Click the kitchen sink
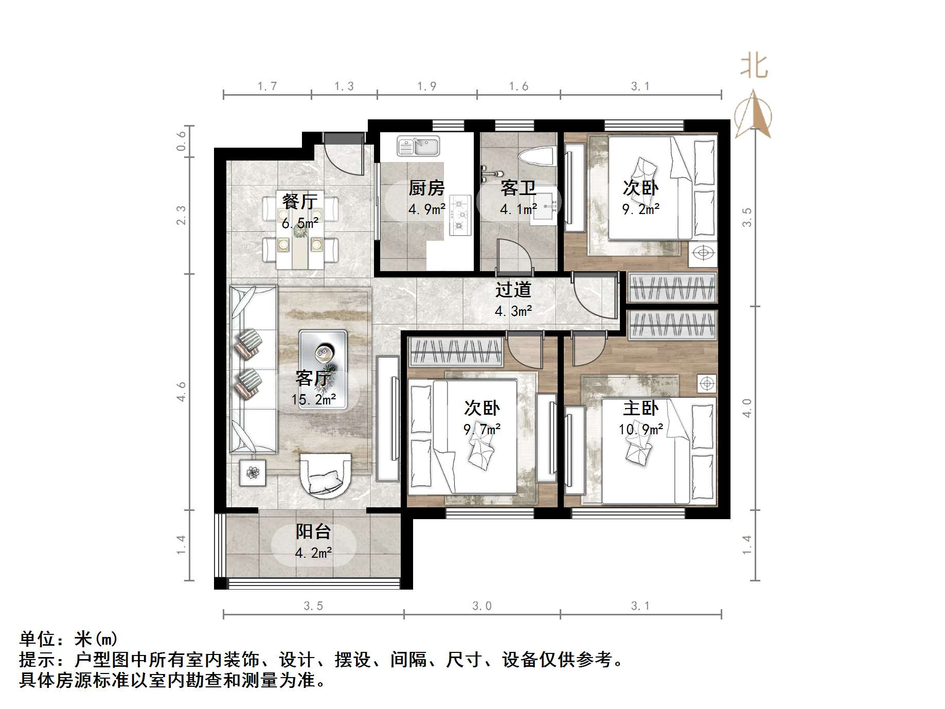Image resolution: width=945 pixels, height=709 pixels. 418,146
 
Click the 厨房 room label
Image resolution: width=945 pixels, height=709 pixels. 426,188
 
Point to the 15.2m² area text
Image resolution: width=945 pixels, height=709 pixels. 314,399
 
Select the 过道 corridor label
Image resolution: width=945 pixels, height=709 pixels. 513,290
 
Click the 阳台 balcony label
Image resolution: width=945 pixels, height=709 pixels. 313,531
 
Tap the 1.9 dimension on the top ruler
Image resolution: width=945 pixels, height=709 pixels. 427,86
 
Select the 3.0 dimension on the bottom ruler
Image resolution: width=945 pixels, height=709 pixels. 482,606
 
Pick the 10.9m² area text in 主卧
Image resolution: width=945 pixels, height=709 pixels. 640,429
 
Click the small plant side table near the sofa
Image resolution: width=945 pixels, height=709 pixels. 253,472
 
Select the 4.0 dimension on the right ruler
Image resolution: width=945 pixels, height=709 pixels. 747,408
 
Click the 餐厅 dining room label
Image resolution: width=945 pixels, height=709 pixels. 300,202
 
